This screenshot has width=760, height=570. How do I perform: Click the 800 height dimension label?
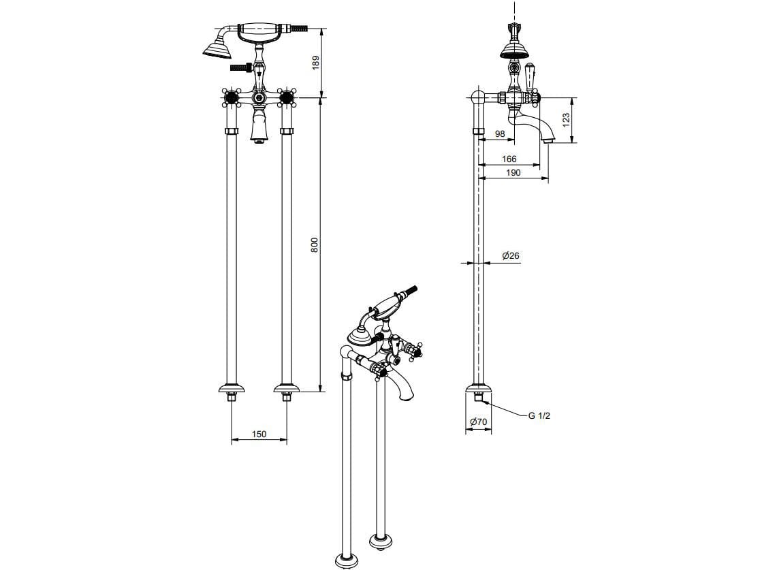[x=315, y=244]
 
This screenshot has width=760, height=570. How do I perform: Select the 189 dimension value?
[x=316, y=63]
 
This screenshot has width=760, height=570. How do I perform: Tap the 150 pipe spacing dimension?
[x=259, y=434]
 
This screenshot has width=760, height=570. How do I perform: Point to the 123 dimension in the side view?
[x=566, y=121]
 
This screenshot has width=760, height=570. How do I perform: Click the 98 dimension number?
[x=500, y=133]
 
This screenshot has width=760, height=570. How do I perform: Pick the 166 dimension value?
[x=509, y=159]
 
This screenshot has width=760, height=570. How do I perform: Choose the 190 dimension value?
[x=513, y=172]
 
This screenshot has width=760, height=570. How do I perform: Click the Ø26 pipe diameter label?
[x=511, y=255]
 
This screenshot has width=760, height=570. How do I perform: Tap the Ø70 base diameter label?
[x=478, y=422]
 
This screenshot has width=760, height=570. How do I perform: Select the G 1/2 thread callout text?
[x=539, y=415]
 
